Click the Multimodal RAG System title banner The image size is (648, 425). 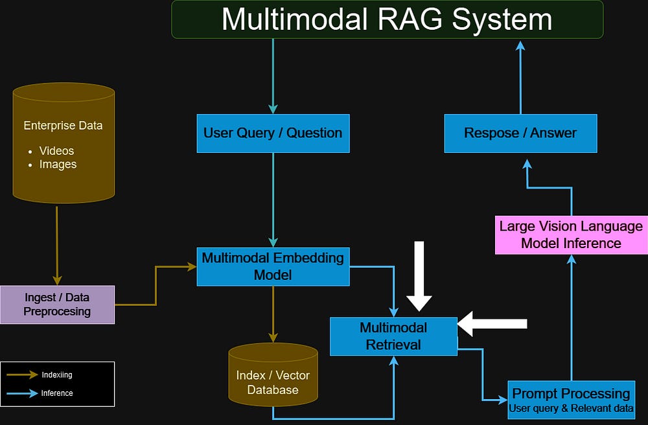[x=388, y=19]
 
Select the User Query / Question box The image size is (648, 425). [x=273, y=133]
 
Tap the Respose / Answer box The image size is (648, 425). [x=521, y=133]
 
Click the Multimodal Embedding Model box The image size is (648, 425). [x=273, y=267]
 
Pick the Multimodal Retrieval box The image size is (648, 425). [x=393, y=336]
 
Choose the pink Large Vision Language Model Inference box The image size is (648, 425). [x=571, y=235]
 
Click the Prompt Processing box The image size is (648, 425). [x=571, y=400]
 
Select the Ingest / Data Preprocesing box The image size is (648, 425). [x=58, y=304]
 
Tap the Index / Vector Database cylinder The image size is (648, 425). [x=273, y=374]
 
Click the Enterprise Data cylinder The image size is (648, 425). [x=64, y=143]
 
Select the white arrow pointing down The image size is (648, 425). [x=419, y=276]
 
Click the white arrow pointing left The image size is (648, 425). [x=492, y=324]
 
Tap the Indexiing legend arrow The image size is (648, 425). [x=22, y=374]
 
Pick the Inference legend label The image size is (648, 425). [x=57, y=393]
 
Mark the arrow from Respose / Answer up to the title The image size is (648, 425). [x=521, y=78]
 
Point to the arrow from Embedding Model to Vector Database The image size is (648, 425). [x=273, y=314]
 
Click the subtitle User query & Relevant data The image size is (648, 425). [x=571, y=408]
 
